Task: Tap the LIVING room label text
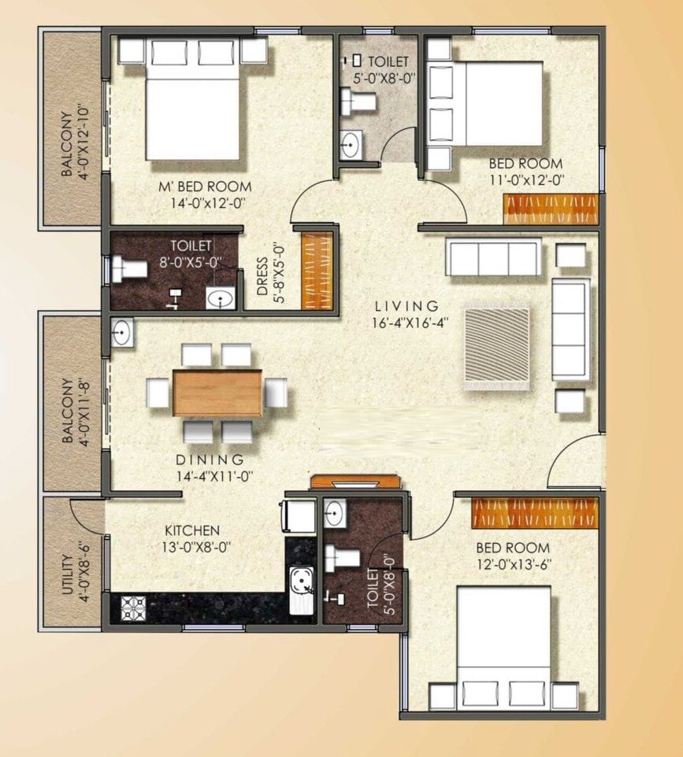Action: tap(406, 305)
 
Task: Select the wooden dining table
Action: tap(217, 392)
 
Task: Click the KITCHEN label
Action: tap(191, 530)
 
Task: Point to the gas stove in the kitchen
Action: tap(133, 608)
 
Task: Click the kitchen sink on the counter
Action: tap(301, 584)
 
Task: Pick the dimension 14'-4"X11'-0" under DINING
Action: tap(210, 475)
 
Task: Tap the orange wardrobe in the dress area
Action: tap(318, 270)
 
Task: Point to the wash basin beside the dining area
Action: tap(121, 332)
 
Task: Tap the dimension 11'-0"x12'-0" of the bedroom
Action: tap(526, 179)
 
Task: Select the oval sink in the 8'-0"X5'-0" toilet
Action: tap(220, 298)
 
